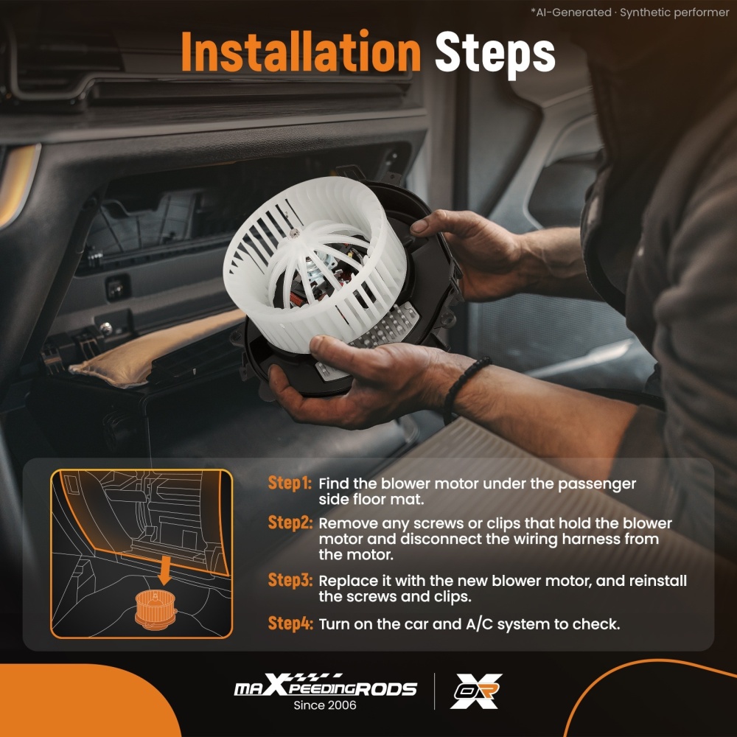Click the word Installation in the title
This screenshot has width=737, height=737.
[x=301, y=52]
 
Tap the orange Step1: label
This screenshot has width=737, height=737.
[x=290, y=483]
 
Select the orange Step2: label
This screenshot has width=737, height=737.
[x=290, y=523]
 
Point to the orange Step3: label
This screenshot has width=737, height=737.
[x=290, y=580]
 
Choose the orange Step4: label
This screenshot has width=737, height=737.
[x=290, y=624]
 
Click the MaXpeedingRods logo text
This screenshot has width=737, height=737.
[x=325, y=685]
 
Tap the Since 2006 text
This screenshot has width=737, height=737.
[x=325, y=705]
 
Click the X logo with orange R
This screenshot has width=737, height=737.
[x=475, y=691]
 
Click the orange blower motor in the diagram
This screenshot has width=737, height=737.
[x=155, y=609]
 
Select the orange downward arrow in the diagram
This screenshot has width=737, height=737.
[x=164, y=570]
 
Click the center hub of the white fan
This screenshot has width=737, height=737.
[x=295, y=233]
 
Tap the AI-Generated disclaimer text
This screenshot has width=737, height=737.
[x=630, y=13]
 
